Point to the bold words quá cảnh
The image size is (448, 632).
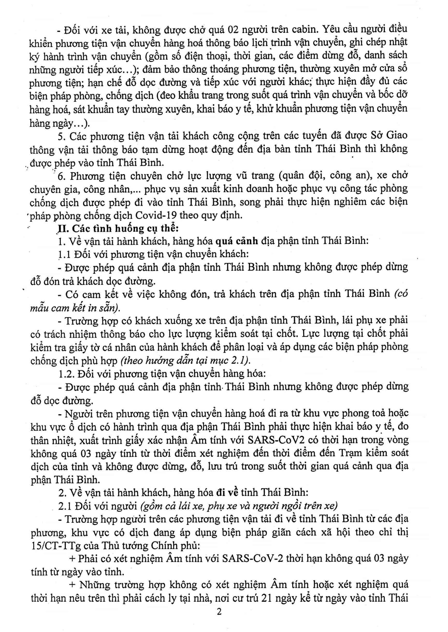pyautogui.click(x=237, y=241)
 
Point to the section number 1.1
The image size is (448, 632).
pyautogui.click(x=65, y=254)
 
